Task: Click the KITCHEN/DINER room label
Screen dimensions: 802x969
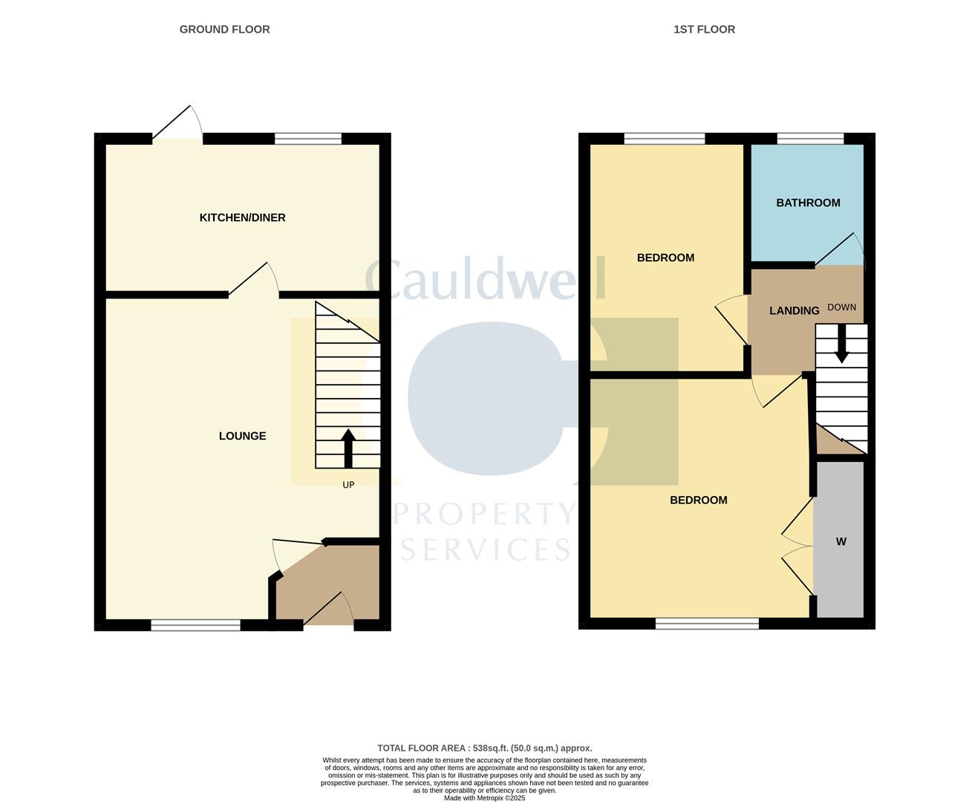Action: coord(242,218)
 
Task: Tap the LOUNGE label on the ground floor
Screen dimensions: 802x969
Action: coord(242,436)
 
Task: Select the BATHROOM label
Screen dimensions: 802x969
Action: coord(808,203)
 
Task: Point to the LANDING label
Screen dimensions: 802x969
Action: coord(794,310)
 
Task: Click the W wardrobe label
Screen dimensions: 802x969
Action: coord(841,542)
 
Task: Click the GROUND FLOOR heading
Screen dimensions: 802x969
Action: coord(224,30)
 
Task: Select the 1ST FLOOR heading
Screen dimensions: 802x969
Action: coord(704,30)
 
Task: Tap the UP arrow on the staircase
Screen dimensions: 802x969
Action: coord(348,448)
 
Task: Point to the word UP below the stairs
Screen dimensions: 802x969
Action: coord(348,485)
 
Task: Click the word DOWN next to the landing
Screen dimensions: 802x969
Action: coord(841,307)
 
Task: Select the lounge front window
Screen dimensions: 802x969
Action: coord(195,626)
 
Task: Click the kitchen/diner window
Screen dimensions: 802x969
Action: coord(307,138)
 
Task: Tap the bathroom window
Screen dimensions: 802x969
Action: coord(810,138)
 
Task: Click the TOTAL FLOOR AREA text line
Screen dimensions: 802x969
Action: coord(484,749)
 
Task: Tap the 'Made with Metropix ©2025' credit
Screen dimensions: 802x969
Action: coord(484,798)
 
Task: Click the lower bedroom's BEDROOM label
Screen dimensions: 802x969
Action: coord(698,501)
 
